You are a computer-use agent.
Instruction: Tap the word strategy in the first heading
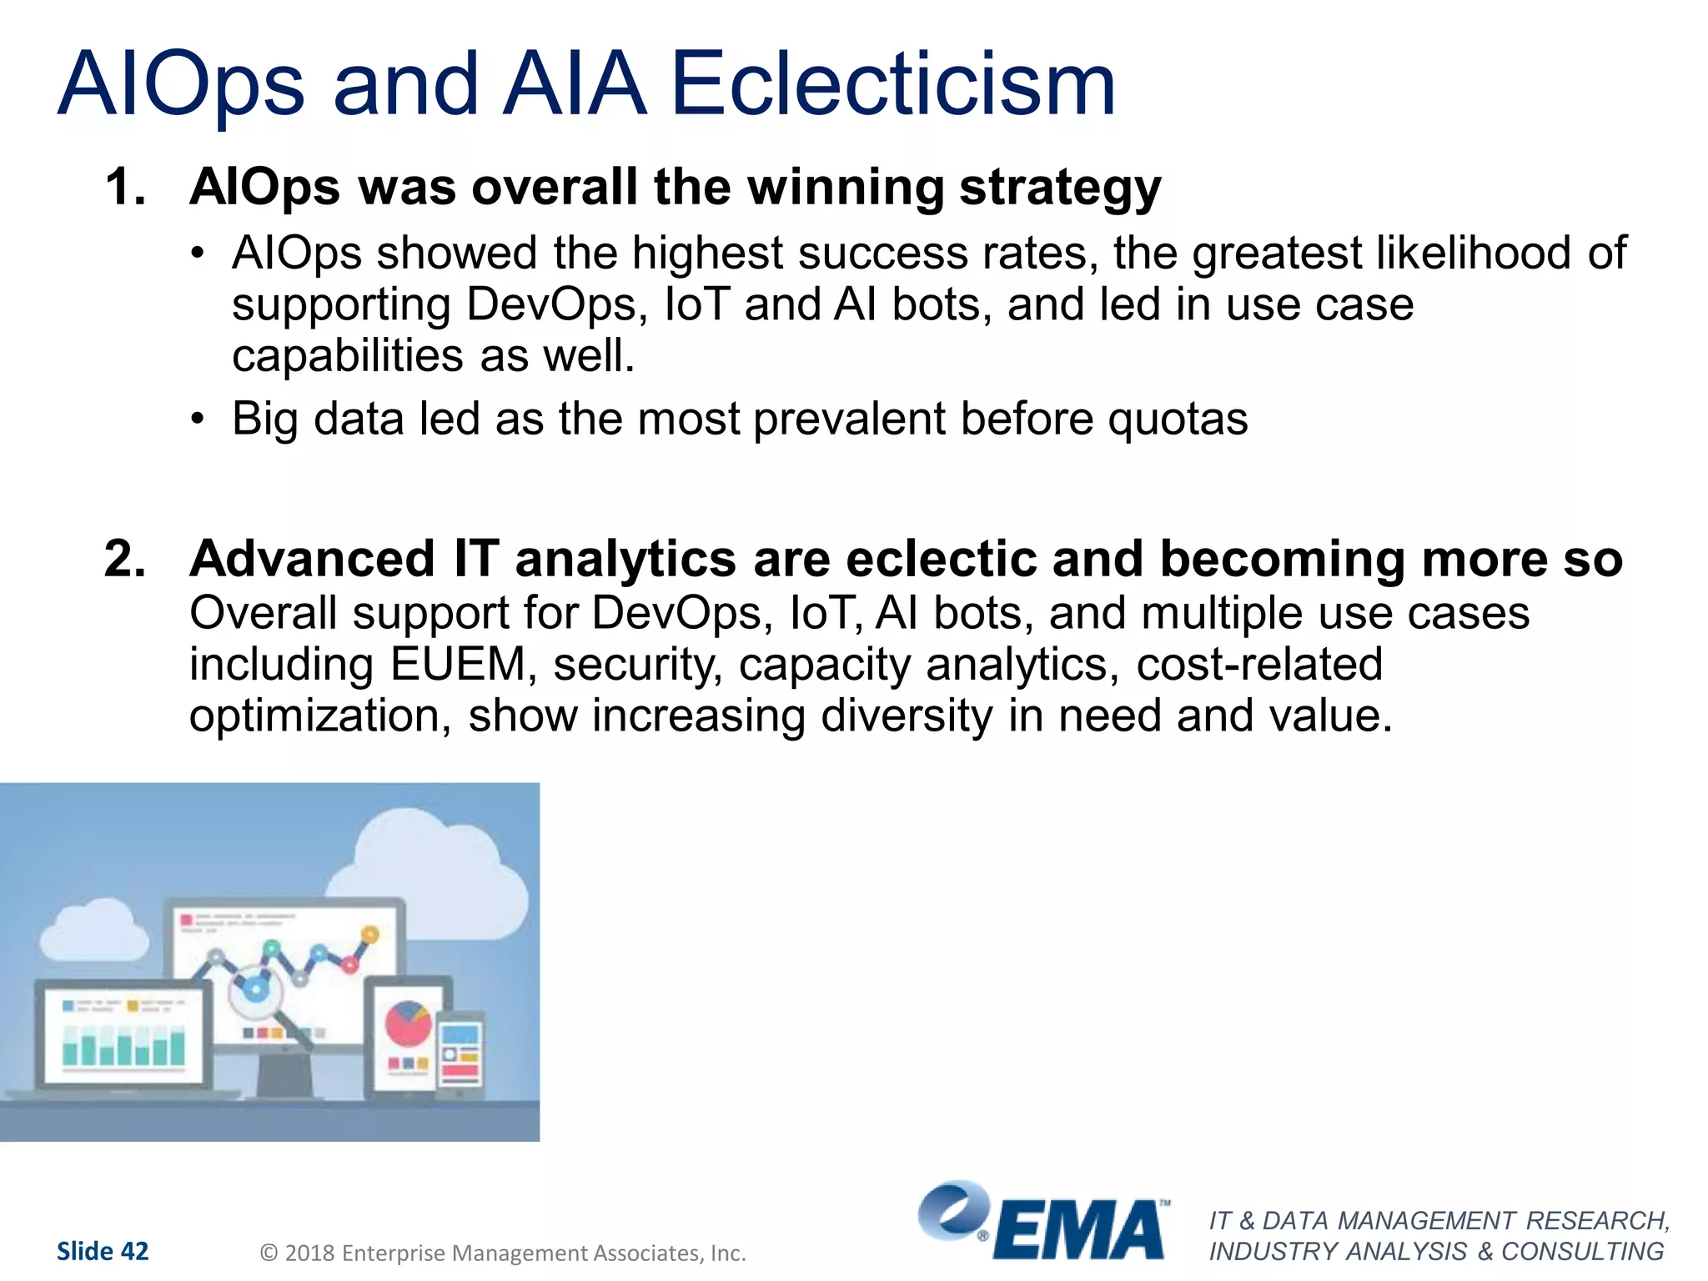pyautogui.click(x=1059, y=188)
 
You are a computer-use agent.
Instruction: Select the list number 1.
pyautogui.click(x=125, y=187)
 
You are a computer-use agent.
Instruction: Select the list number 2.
pyautogui.click(x=125, y=559)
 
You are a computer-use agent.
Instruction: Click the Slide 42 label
pyautogui.click(x=103, y=1251)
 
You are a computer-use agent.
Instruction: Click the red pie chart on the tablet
pyautogui.click(x=408, y=1023)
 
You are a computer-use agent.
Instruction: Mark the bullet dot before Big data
pyautogui.click(x=197, y=419)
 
